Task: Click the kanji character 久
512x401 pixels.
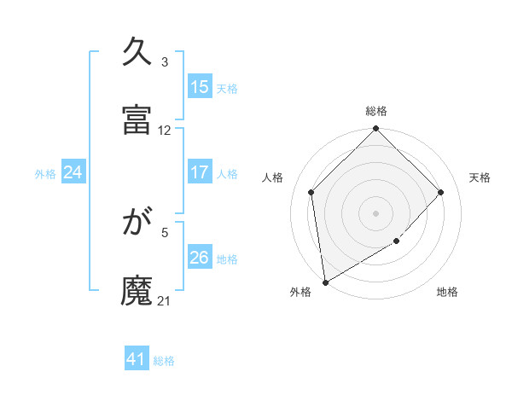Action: (138, 54)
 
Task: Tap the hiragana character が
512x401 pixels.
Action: (138, 224)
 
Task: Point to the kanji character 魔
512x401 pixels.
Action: (138, 291)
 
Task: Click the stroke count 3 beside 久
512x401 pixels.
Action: (165, 62)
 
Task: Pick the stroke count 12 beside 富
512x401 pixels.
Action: (165, 131)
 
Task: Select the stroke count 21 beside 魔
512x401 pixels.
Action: (165, 300)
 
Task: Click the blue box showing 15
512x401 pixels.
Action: (200, 87)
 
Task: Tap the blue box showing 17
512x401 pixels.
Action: (200, 172)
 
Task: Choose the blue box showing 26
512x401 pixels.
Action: (200, 258)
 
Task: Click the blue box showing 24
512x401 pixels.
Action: (73, 172)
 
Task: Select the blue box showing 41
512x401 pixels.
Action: (137, 360)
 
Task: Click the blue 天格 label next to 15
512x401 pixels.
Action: (227, 88)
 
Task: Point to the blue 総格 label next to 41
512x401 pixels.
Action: (164, 361)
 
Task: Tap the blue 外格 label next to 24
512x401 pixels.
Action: (45, 173)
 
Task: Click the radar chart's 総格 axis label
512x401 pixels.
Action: (376, 111)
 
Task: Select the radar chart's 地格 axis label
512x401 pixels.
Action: (447, 292)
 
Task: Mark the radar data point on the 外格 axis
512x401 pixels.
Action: (325, 282)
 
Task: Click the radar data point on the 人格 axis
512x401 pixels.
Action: (311, 192)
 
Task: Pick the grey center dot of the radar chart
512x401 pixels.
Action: (376, 212)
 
